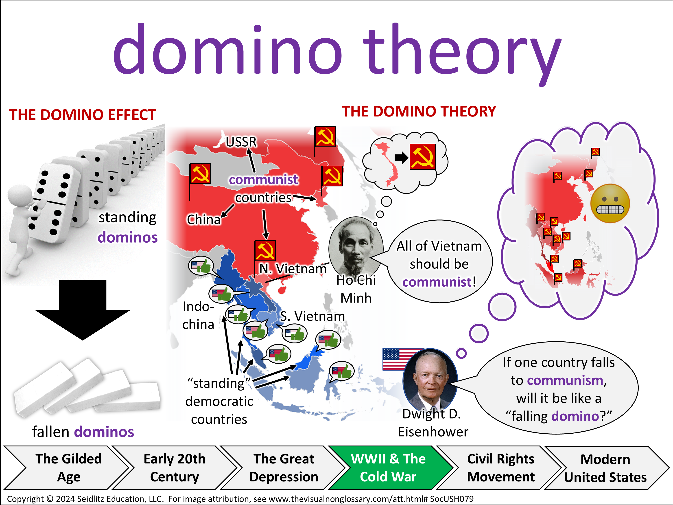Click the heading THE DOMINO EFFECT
click(x=83, y=115)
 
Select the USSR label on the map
click(x=241, y=142)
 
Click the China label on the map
click(x=203, y=220)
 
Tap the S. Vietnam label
click(x=312, y=316)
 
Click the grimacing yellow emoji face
click(x=610, y=203)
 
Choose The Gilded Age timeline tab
click(x=68, y=468)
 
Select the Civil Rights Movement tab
click(x=500, y=468)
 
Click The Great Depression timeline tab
click(x=284, y=468)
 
